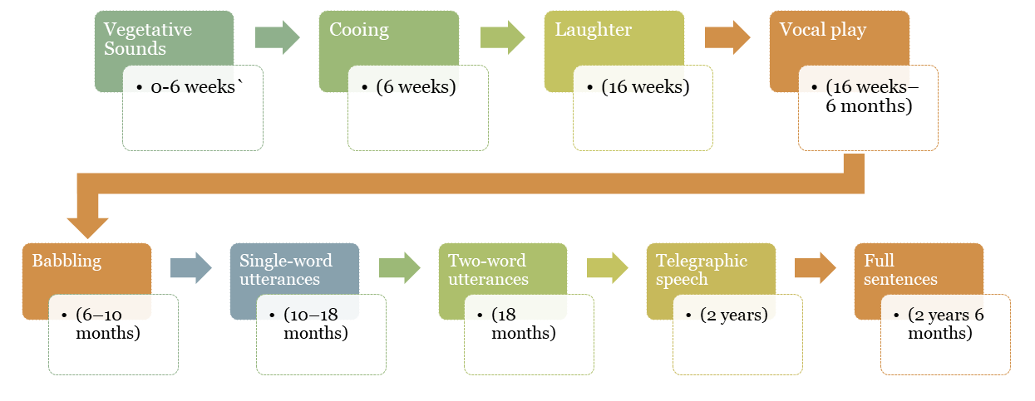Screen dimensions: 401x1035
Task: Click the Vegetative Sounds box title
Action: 147,39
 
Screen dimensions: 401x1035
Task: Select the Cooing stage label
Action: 358,30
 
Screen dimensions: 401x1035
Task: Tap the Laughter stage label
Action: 593,30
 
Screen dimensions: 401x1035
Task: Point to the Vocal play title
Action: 822,30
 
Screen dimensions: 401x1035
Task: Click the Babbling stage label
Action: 66,261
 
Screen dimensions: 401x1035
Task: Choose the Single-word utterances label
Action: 285,270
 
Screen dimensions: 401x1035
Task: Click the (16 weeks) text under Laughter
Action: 645,87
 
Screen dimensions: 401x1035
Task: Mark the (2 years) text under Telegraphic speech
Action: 733,315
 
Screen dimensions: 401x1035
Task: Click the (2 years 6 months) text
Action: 946,325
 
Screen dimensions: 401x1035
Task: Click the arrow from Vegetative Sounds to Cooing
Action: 277,38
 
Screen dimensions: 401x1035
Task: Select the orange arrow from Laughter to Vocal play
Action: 727,38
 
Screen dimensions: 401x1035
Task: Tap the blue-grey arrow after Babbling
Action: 191,268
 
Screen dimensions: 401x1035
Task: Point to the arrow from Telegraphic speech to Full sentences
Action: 815,268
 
